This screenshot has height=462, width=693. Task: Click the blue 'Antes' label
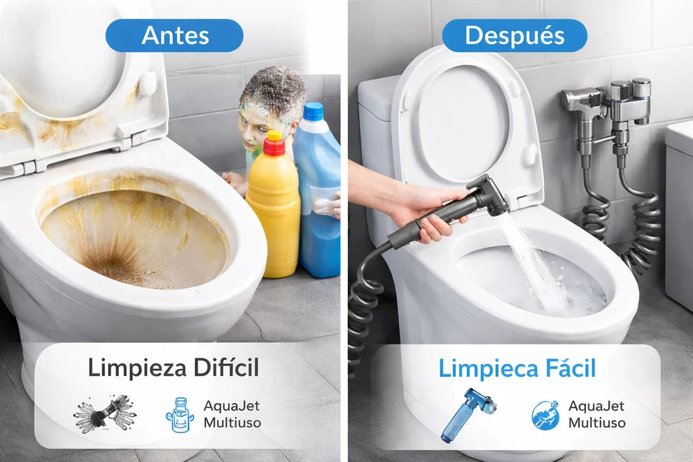tap(174, 36)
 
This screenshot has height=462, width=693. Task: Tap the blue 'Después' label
tap(514, 36)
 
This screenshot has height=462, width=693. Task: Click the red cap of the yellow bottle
tap(274, 143)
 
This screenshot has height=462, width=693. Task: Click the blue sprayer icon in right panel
tap(467, 414)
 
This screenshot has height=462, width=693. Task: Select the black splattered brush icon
tap(105, 413)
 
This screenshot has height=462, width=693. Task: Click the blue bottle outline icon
tap(179, 414)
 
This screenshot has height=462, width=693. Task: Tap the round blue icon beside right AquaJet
tap(545, 415)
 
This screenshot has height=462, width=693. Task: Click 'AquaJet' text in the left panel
tap(232, 406)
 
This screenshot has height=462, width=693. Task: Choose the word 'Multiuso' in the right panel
tap(596, 423)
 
